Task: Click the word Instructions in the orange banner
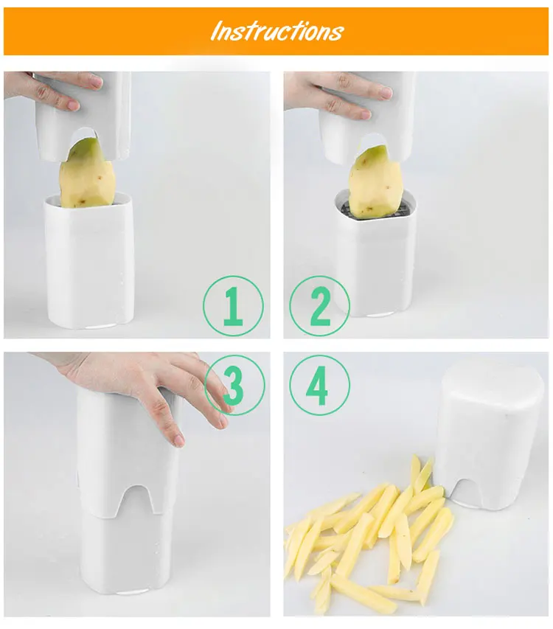click(277, 31)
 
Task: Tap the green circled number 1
click(233, 306)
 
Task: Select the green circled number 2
click(319, 306)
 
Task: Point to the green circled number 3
click(234, 385)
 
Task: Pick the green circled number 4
click(319, 385)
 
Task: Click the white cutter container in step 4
click(490, 434)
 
